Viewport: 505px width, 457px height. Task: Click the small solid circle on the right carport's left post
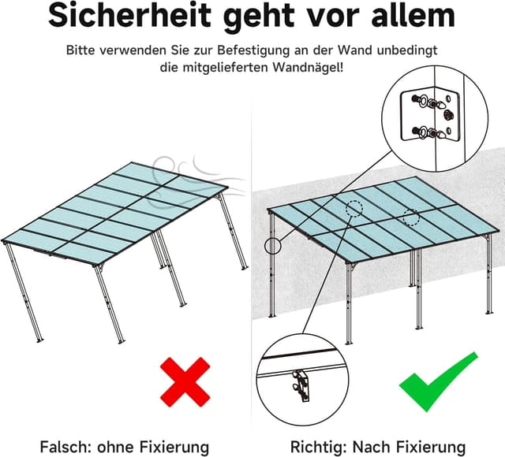coord(273,245)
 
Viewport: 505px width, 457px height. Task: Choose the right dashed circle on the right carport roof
coord(410,218)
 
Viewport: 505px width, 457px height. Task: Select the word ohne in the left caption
coord(116,447)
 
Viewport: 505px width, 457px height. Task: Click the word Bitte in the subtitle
coord(83,50)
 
